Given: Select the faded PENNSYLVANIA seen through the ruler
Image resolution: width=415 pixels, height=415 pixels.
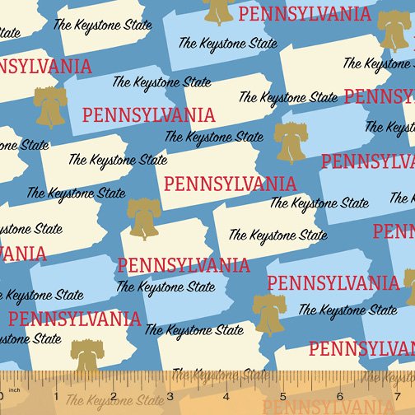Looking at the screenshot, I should coord(313,406).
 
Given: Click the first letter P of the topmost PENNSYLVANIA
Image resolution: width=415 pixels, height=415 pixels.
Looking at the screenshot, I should coord(245,14).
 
